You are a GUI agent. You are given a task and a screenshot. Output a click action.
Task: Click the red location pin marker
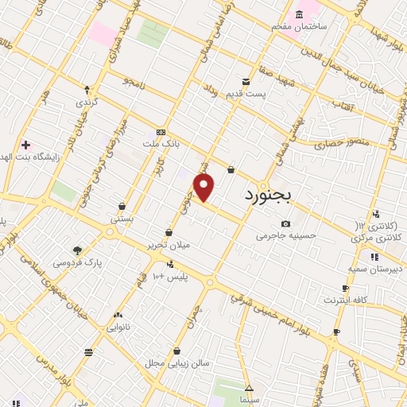pyautogui.click(x=204, y=188)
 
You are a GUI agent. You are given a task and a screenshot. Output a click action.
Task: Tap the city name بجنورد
pyautogui.click(x=269, y=194)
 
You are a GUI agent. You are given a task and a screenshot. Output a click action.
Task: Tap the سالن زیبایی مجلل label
pyautogui.click(x=177, y=362)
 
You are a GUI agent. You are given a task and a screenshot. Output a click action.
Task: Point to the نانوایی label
pyautogui.click(x=118, y=326)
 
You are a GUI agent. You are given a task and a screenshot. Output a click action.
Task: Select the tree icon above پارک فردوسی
pyautogui.click(x=77, y=250)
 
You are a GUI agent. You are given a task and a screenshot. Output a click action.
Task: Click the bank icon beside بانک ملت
pyautogui.click(x=161, y=132)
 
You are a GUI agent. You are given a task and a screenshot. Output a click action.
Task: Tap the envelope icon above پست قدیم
pyautogui.click(x=246, y=81)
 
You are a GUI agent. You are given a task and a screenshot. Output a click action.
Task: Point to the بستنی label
pyautogui.click(x=121, y=217)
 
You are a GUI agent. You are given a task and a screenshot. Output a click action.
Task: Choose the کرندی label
pyautogui.click(x=86, y=103)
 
